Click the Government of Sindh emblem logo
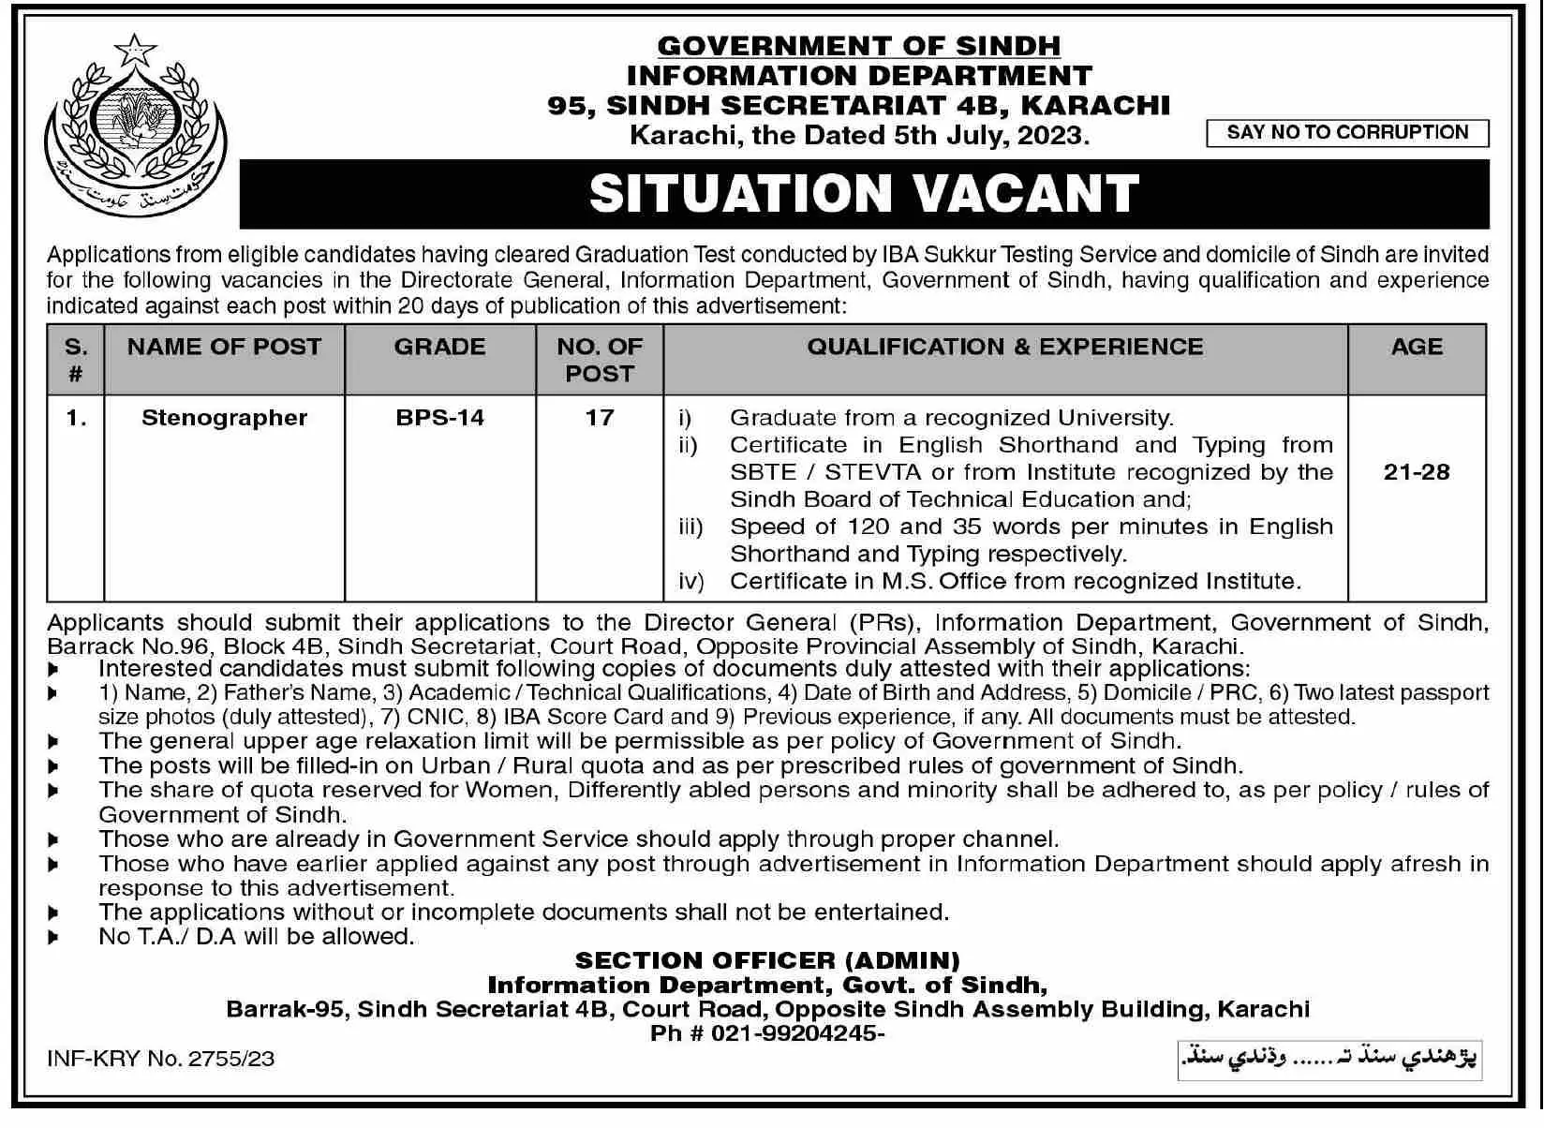click(136, 126)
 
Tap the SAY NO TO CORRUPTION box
click(1347, 133)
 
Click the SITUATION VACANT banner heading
click(864, 194)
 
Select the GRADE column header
click(439, 347)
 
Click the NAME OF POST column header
click(224, 347)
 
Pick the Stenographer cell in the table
click(224, 418)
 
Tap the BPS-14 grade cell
click(439, 418)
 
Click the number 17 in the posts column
click(599, 418)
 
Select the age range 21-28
click(1416, 472)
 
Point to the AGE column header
click(1416, 347)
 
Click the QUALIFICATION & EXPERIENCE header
click(1004, 347)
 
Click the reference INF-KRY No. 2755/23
click(160, 1059)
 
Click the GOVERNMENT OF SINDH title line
click(858, 46)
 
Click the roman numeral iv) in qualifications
click(690, 582)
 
